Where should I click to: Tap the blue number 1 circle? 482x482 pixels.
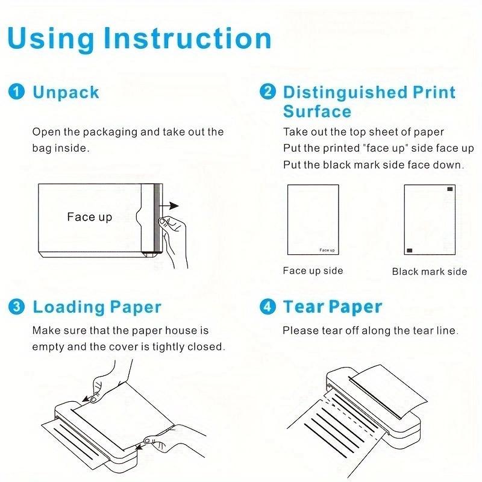(x=17, y=92)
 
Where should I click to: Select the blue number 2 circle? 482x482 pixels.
(x=268, y=92)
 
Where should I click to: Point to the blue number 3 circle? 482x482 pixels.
(x=17, y=307)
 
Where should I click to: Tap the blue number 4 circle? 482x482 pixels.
(x=268, y=307)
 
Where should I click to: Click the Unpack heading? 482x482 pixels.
(x=66, y=92)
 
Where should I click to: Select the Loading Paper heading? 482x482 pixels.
(x=97, y=307)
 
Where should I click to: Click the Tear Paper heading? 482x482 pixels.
(x=333, y=307)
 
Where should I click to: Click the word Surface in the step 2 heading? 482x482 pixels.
(x=317, y=111)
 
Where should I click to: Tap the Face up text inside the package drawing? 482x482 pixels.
(x=89, y=217)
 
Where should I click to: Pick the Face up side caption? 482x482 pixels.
(x=313, y=271)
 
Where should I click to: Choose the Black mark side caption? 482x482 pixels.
(x=430, y=272)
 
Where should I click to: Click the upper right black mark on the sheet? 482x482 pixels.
(x=449, y=190)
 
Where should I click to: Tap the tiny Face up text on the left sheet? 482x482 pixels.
(x=327, y=249)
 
